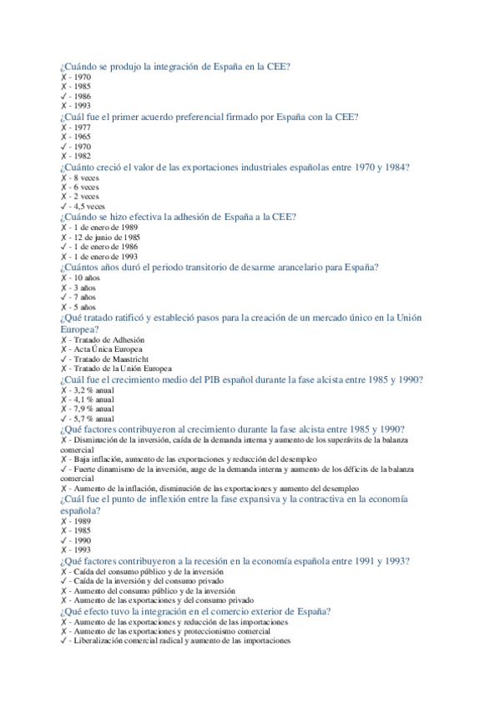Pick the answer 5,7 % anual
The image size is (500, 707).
(93, 419)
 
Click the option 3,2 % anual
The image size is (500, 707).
(93, 389)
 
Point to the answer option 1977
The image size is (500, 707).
(82, 127)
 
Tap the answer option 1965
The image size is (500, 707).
(82, 136)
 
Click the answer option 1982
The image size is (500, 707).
(82, 156)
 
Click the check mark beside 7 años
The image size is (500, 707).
(63, 297)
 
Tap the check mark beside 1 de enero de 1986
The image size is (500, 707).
(63, 247)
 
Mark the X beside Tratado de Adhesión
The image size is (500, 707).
(63, 339)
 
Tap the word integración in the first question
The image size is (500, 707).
(174, 67)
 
